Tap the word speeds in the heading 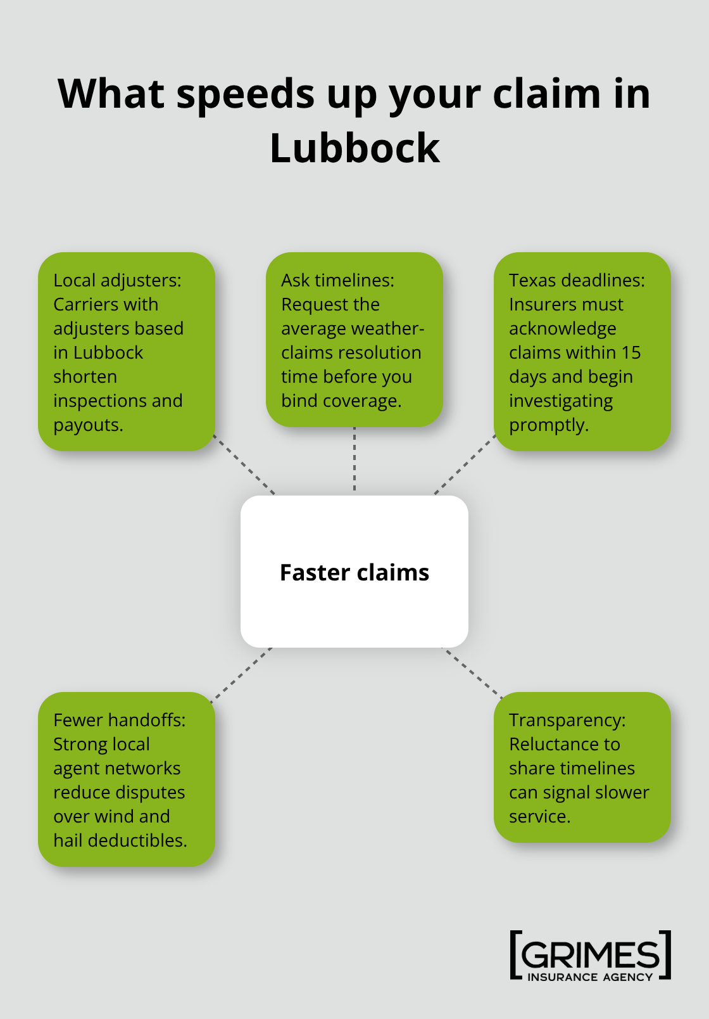[245, 95]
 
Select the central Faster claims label [354, 572]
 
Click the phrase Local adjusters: [117, 280]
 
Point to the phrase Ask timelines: [337, 280]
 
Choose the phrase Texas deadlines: [577, 280]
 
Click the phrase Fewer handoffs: [119, 720]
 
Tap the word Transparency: [567, 720]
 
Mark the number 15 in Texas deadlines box [631, 352]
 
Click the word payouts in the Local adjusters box [87, 425]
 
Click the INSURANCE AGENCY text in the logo [590, 977]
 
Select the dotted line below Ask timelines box [354, 460]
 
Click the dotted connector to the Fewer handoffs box [242, 674]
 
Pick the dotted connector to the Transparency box [472, 672]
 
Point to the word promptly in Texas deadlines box [548, 425]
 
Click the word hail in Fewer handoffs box [68, 840]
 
